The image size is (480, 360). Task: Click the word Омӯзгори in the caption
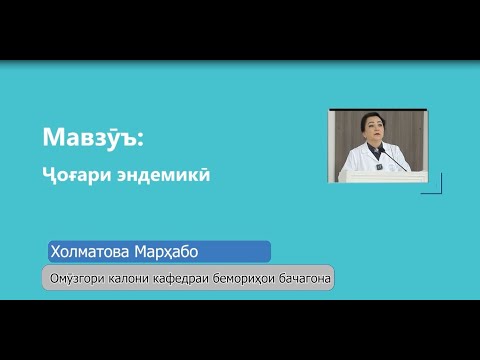click(73, 278)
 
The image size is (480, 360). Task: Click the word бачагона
click(304, 278)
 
